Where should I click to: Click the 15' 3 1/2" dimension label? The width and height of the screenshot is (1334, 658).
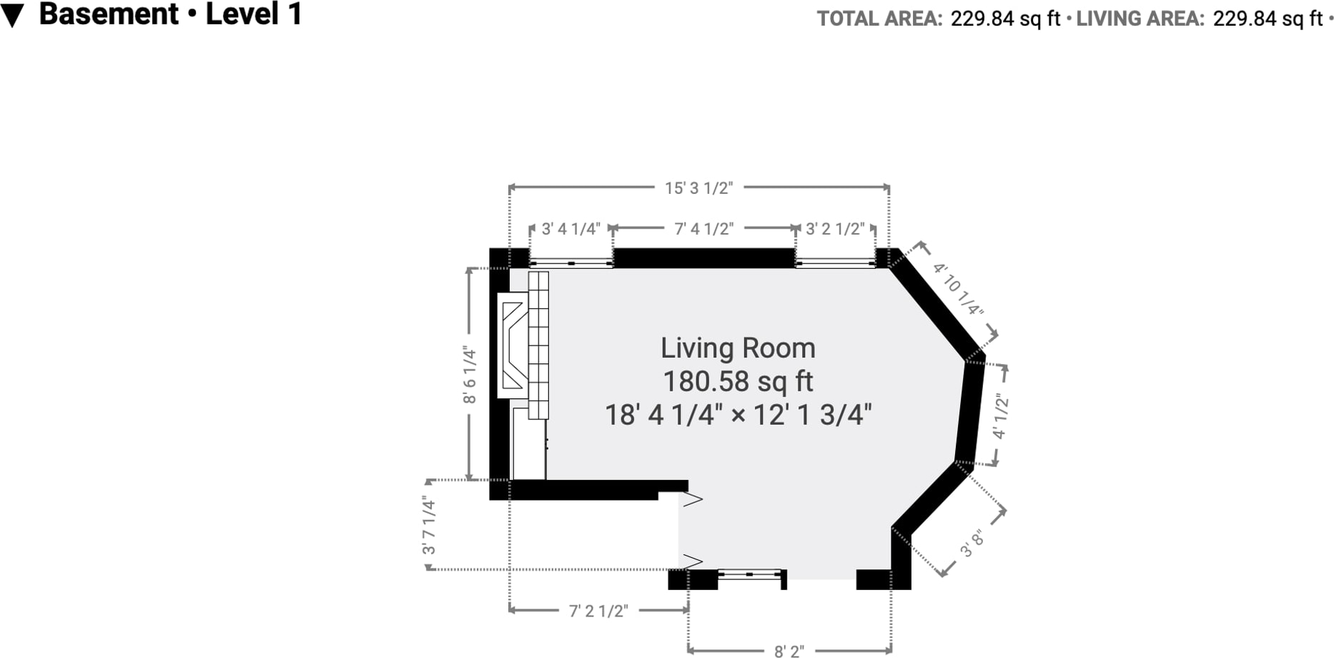698,188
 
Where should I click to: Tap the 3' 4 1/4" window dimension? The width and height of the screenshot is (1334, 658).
570,229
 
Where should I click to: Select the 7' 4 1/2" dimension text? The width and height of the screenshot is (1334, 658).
704,229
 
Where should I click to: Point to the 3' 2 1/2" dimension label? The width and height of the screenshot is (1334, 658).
835,229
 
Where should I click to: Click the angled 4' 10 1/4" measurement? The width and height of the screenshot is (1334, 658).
958,290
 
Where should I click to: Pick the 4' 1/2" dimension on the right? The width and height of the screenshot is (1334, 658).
1000,416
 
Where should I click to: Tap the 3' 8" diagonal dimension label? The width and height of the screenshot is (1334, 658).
972,544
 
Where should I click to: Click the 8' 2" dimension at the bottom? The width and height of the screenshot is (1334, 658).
789,651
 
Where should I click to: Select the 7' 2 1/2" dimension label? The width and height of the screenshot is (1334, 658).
598,611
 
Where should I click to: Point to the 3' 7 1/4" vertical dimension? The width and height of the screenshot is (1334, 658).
429,526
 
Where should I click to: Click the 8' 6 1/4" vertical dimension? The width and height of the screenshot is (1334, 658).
469,375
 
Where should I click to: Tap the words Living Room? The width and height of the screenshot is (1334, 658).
738,348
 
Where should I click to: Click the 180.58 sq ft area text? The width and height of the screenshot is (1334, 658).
738,381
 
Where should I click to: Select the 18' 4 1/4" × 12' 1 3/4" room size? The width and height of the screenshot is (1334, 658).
738,415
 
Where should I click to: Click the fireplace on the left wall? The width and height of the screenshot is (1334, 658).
513,345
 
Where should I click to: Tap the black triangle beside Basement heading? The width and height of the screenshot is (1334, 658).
12,16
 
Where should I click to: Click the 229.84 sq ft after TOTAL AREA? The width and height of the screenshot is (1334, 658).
1005,19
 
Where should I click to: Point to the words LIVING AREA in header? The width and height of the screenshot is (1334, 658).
1140,19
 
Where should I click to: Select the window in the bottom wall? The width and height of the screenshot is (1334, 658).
751,574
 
